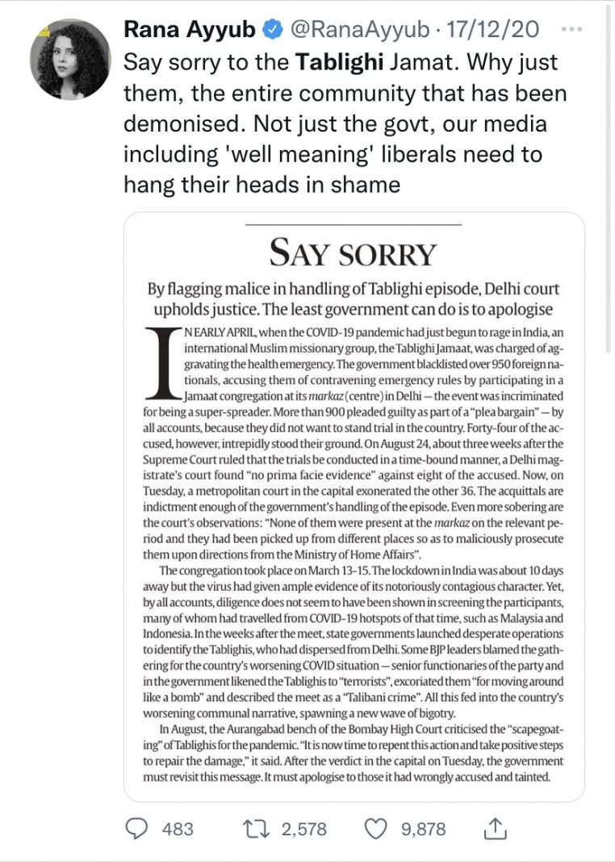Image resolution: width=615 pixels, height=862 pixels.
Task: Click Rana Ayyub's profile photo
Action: (x=69, y=60)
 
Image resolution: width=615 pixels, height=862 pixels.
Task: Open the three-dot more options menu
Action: (x=571, y=29)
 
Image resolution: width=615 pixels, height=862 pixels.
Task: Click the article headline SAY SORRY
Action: (x=353, y=253)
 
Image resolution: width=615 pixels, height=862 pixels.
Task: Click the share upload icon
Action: (x=494, y=828)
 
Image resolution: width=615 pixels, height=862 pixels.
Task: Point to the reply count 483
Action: (x=178, y=829)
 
